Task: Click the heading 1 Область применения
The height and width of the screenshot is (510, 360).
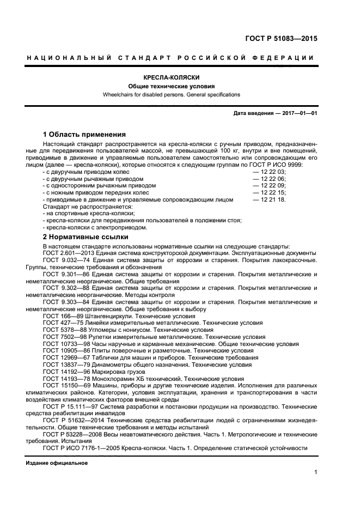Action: point(84,135)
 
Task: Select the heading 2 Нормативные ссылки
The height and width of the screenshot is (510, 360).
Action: point(86,237)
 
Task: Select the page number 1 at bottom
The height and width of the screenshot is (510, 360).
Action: point(315,472)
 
